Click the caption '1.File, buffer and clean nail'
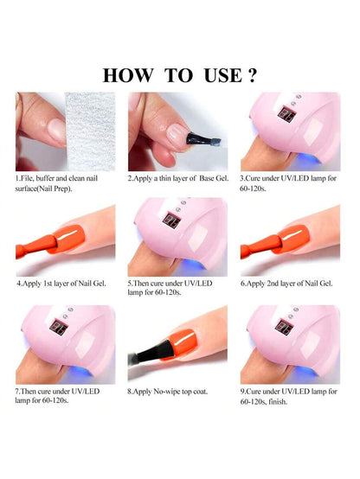tap(63, 178)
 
